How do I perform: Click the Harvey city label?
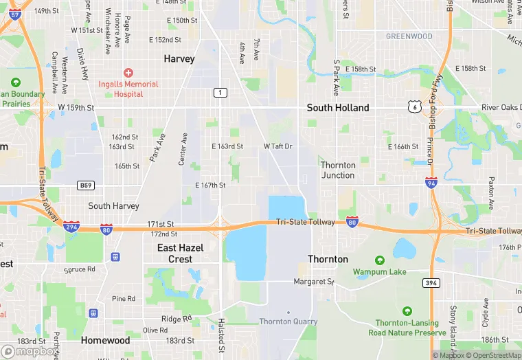click(x=179, y=59)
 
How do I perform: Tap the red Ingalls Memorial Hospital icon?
click(x=127, y=73)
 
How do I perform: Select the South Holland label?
click(x=337, y=108)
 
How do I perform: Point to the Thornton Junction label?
click(x=338, y=170)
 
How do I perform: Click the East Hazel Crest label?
click(x=180, y=253)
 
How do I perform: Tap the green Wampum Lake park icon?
click(x=380, y=260)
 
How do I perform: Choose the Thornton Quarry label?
click(x=288, y=321)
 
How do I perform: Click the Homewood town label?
click(x=105, y=340)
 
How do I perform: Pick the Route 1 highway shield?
click(x=220, y=93)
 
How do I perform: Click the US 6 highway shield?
click(x=413, y=106)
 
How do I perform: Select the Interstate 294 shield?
click(x=71, y=225)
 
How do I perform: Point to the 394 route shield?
click(x=431, y=282)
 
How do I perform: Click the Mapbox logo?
click(x=29, y=350)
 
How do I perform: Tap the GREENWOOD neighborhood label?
click(x=409, y=36)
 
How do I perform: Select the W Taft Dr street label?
click(x=277, y=146)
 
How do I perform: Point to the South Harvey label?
click(x=113, y=206)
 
